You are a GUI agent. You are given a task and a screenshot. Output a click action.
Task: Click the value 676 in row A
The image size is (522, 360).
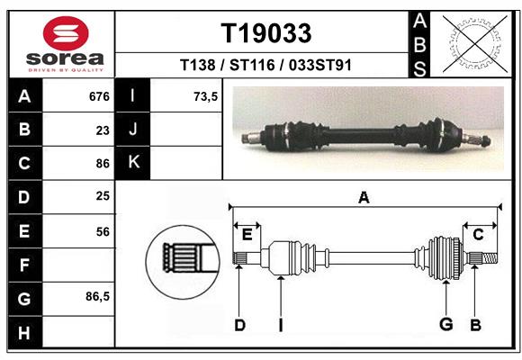click(98, 96)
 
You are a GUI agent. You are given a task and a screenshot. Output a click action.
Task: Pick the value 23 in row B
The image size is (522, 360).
click(102, 130)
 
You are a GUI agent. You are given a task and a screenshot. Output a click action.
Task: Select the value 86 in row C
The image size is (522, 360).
click(102, 164)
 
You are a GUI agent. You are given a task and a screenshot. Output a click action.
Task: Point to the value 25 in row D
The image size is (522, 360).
click(102, 197)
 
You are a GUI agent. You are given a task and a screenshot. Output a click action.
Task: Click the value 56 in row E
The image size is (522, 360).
click(102, 231)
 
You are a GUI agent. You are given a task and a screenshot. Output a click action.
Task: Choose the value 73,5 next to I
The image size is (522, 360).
click(206, 96)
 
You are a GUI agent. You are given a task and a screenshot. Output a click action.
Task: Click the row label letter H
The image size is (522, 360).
click(24, 333)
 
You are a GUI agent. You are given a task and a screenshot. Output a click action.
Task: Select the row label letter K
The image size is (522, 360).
click(134, 163)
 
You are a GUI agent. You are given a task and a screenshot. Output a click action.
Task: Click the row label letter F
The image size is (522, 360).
click(24, 265)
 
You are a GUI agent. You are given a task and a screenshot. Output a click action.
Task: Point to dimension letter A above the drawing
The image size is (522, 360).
click(364, 197)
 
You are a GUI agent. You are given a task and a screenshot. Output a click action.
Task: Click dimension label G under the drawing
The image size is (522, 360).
click(445, 325)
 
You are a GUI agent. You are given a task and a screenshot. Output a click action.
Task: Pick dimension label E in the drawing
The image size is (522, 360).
click(247, 235)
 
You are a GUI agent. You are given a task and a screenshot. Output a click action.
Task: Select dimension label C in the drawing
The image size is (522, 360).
click(478, 235)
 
